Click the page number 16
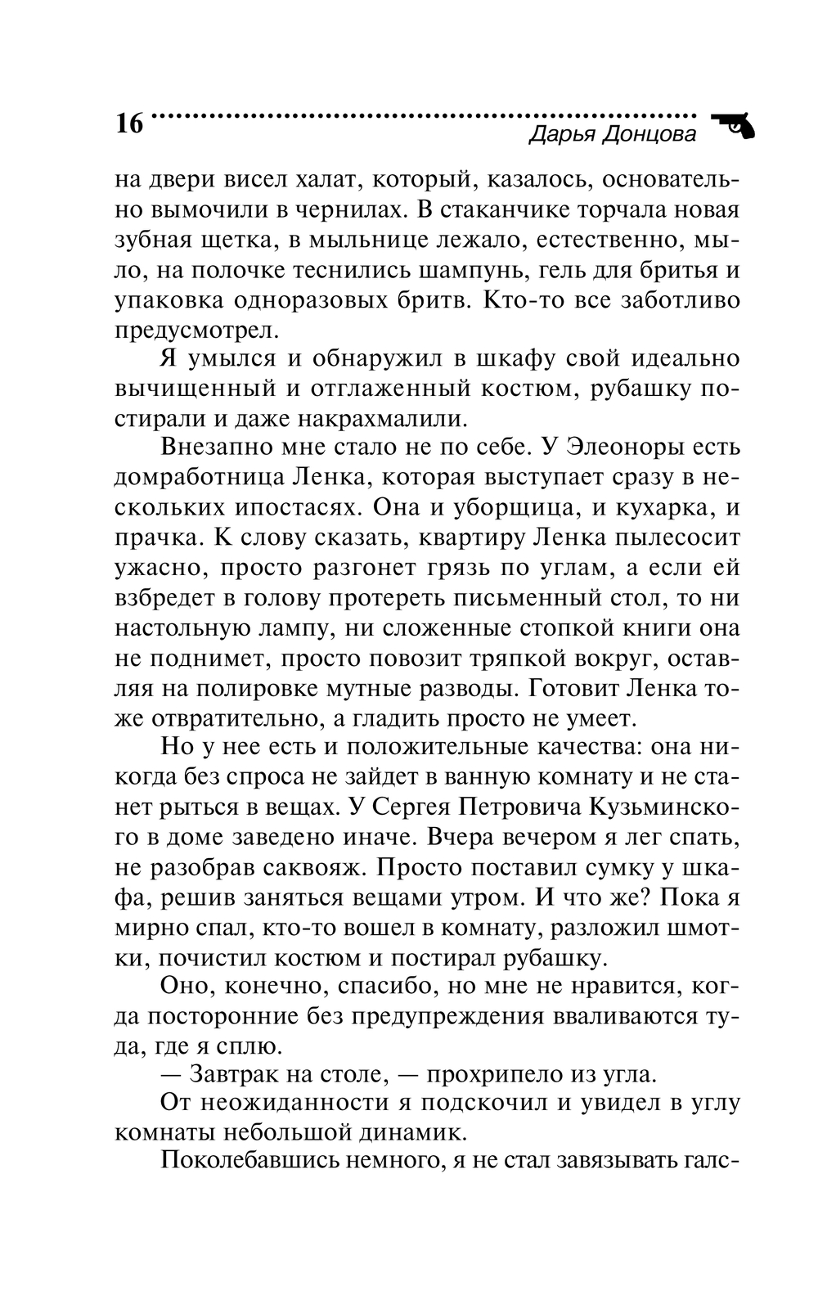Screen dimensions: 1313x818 129,124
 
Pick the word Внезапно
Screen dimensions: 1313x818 218,448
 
